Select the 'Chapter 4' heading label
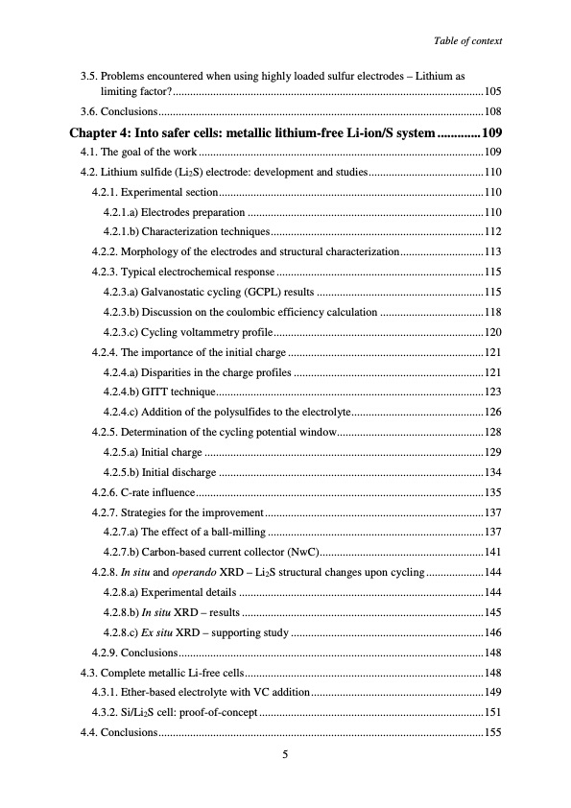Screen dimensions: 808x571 (102, 132)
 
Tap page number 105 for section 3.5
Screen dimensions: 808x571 (492, 90)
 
